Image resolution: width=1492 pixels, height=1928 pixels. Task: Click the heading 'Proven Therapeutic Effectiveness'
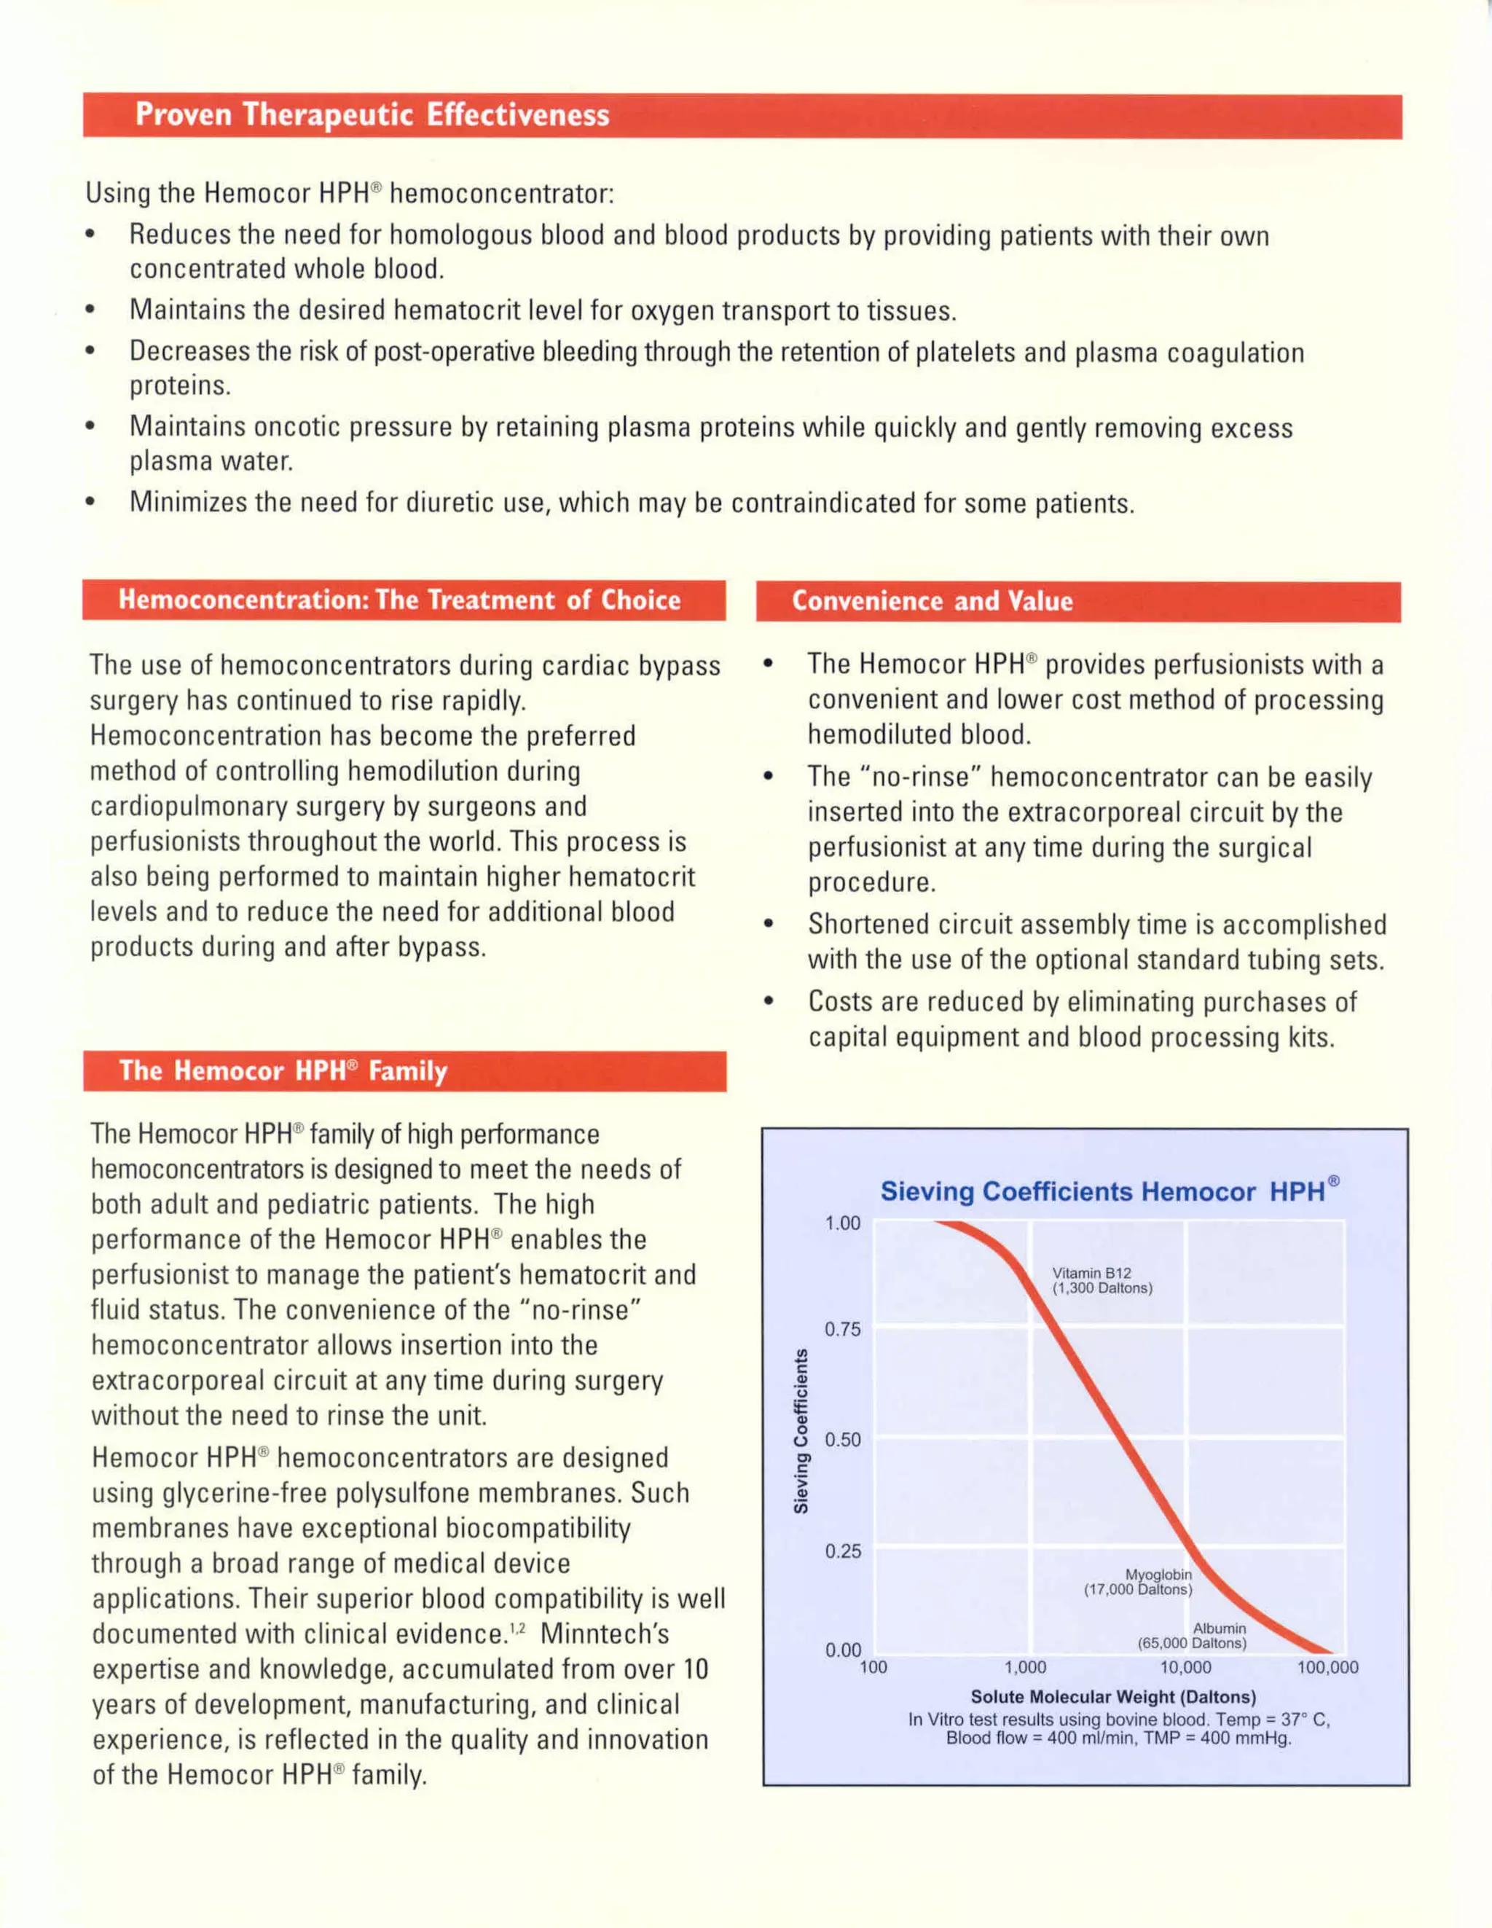[372, 115]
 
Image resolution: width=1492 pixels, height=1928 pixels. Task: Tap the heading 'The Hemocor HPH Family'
[283, 1071]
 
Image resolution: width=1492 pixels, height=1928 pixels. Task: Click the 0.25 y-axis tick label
[842, 1551]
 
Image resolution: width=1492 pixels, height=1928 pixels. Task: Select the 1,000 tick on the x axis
[1025, 1668]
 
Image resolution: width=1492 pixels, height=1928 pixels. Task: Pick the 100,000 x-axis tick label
[1327, 1668]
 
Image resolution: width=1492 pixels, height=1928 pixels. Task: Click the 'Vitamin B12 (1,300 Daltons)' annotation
[1101, 1280]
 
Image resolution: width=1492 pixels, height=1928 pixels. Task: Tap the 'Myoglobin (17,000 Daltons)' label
[1139, 1581]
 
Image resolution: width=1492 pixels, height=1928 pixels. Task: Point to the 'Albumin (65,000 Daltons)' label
[1193, 1635]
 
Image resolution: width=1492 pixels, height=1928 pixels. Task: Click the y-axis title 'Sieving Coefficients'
[801, 1431]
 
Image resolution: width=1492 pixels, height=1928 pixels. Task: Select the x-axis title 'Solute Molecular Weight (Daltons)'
[1112, 1697]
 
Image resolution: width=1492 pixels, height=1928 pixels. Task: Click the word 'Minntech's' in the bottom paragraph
[605, 1634]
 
